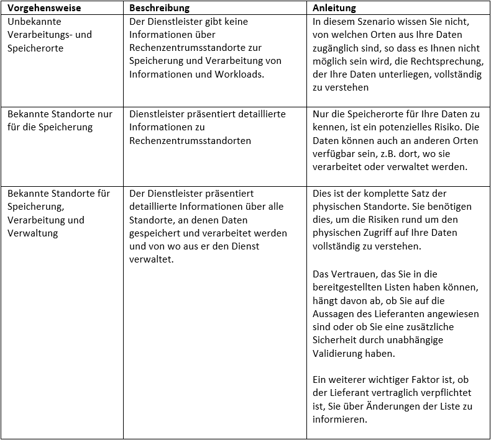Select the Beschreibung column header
pos(159,9)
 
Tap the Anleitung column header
pos(334,9)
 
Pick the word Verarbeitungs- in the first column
pos(39,35)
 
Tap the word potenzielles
pos(406,128)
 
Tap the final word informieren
pos(340,420)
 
